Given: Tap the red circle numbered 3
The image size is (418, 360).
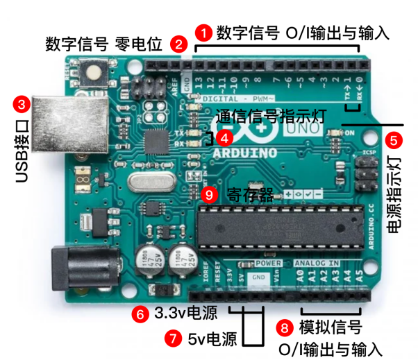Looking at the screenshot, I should click(22, 105).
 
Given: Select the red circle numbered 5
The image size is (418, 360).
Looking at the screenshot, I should click(394, 139).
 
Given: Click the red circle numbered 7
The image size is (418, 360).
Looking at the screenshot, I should click(172, 339).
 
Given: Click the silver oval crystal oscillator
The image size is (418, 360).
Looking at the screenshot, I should click(148, 184).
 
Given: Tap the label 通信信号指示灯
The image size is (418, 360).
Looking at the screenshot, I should click(271, 115).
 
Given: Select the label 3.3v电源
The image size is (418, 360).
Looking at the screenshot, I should click(185, 314).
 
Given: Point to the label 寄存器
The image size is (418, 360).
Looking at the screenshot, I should click(244, 195).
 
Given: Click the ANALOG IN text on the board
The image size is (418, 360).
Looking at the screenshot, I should click(317, 264).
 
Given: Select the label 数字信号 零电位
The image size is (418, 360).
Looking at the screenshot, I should click(103, 45).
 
